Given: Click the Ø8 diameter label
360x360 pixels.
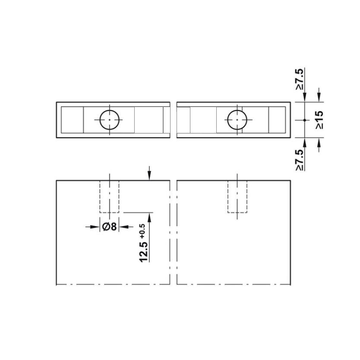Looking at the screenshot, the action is click(110, 227).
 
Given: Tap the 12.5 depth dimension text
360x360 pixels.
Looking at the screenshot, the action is click(143, 252).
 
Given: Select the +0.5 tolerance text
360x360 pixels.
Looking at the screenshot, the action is click(142, 231).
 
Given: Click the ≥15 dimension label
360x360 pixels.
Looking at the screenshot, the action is click(319, 120).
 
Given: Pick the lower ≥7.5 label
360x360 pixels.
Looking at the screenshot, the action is click(300, 160).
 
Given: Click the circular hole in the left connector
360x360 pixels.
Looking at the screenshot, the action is click(110, 120).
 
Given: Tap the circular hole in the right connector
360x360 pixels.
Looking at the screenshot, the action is click(237, 120).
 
